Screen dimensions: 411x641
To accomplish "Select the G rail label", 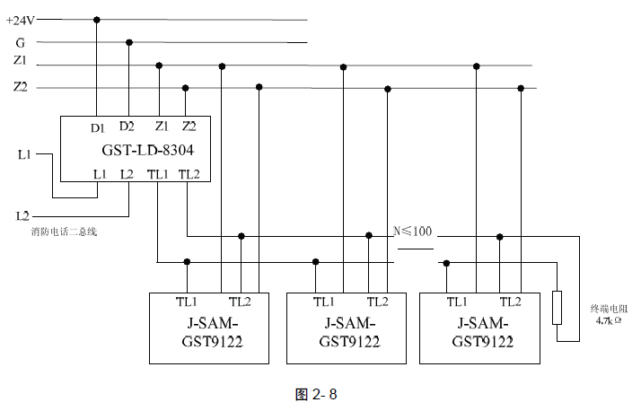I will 20,42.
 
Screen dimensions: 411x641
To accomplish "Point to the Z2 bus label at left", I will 20,87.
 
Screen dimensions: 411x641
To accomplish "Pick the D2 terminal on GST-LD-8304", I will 127,127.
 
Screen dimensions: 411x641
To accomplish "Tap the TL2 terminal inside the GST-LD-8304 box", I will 189,173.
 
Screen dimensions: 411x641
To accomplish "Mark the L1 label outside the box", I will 24,154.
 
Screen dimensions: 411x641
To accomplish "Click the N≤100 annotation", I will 413,232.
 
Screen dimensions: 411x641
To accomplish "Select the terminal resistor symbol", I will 557,307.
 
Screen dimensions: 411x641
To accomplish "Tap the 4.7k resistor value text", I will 609,319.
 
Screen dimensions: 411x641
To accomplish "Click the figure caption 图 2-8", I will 320,394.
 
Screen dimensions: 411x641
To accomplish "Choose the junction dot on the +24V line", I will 97,20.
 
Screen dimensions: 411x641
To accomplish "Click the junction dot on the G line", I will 129,42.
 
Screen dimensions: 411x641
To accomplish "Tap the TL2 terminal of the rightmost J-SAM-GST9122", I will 510,302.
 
